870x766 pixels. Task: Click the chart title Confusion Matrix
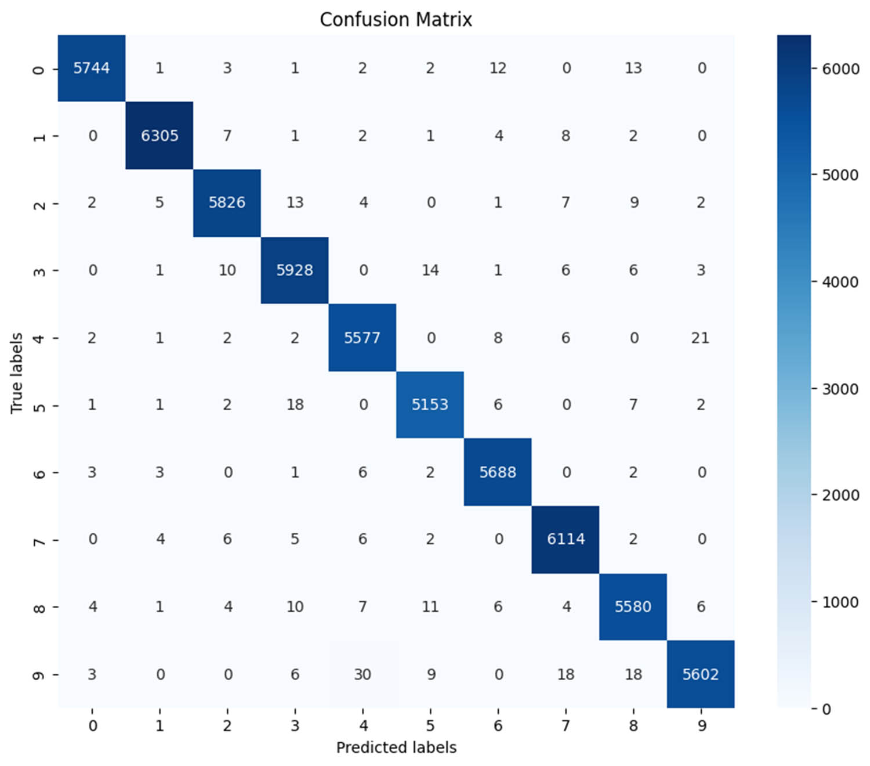tap(396, 19)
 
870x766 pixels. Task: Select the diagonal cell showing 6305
tap(159, 136)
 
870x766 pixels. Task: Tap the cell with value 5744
tap(92, 68)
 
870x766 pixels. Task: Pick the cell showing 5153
tap(430, 404)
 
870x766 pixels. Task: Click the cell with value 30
tap(362, 674)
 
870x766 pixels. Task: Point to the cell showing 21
tap(700, 338)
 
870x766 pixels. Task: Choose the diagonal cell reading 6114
tap(565, 539)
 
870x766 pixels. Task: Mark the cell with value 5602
tap(700, 674)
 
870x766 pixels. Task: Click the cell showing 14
tap(430, 270)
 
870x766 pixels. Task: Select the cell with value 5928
tap(295, 270)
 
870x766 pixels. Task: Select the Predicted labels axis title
tap(396, 747)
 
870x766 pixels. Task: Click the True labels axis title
tap(16, 373)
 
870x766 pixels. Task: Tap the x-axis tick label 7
tap(565, 725)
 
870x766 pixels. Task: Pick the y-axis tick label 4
tap(38, 338)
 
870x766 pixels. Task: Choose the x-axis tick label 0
tap(93, 725)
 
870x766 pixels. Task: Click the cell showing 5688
tap(498, 472)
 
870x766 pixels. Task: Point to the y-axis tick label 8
tap(38, 608)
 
